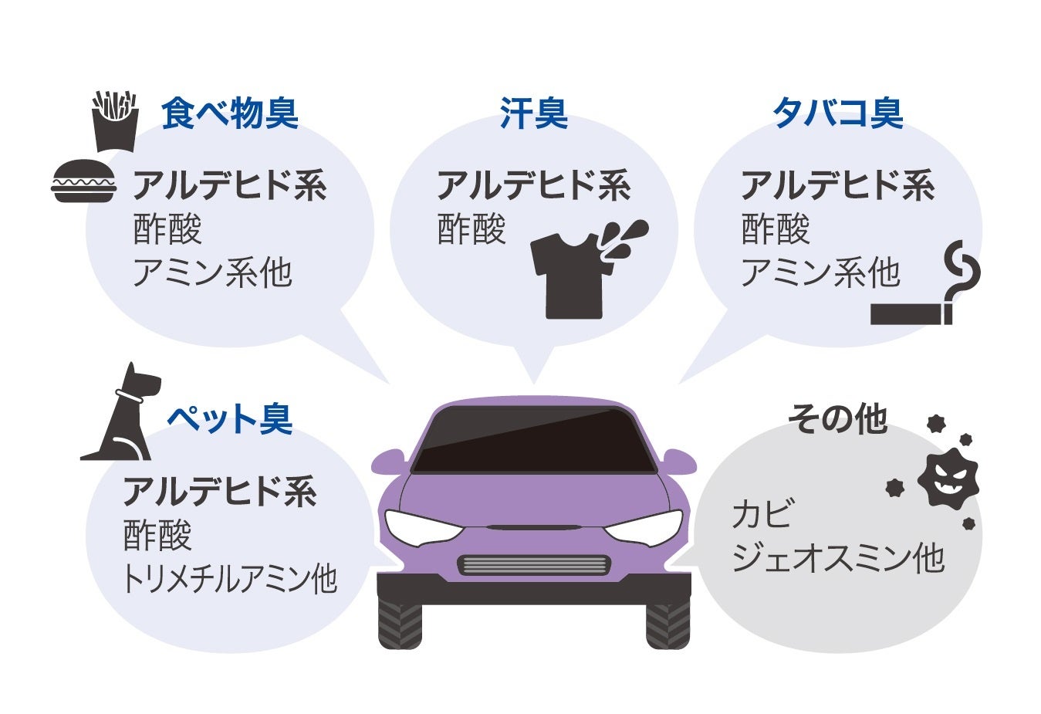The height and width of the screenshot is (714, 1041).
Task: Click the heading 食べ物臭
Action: (x=229, y=113)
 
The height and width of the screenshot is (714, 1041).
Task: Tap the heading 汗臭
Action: (x=533, y=113)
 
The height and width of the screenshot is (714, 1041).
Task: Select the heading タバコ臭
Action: (x=837, y=113)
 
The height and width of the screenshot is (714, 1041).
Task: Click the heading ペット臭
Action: (x=230, y=419)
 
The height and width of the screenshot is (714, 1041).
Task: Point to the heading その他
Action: (x=837, y=419)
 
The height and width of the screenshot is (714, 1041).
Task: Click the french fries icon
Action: (x=115, y=121)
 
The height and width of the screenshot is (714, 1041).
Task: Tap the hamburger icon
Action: (x=83, y=181)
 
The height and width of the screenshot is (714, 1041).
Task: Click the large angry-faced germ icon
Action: (x=948, y=478)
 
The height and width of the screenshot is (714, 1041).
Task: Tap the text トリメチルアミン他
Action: (x=230, y=579)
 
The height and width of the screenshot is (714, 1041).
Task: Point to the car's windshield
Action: (x=533, y=440)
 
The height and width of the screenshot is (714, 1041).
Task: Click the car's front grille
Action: (x=533, y=565)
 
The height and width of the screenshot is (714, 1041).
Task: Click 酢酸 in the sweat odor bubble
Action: (x=471, y=229)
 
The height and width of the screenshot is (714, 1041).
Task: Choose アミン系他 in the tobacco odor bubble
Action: (x=820, y=272)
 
